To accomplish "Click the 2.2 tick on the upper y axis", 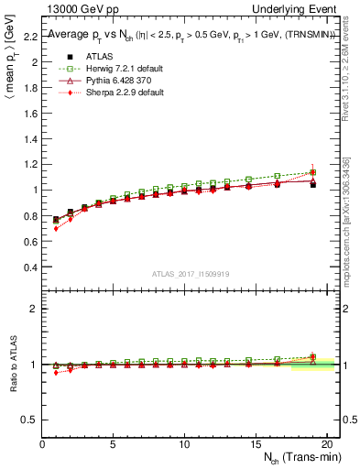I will tap(30, 38).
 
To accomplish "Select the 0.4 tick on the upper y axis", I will tap(30, 267).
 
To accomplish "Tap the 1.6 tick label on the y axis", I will tap(30, 115).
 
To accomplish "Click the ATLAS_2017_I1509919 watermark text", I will tap(191, 274).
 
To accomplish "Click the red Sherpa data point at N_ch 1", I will tap(56, 228).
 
